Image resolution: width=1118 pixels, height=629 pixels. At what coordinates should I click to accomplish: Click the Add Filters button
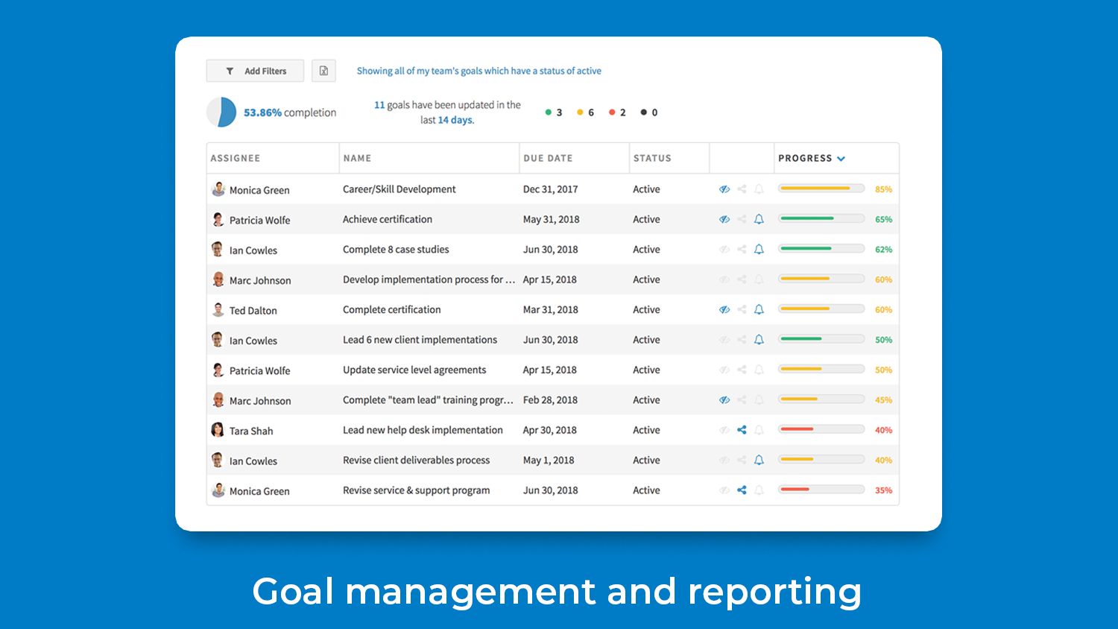255,71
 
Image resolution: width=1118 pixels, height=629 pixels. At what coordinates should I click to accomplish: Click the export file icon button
323,71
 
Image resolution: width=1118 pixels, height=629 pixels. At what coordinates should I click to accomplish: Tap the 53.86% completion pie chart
221,113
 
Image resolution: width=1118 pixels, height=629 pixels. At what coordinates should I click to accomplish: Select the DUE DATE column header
548,158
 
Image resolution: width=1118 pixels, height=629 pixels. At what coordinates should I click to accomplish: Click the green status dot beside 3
549,113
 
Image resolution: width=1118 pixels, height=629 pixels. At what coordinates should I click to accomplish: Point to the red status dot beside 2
612,113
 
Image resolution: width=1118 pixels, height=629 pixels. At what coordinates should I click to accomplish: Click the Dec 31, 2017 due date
550,189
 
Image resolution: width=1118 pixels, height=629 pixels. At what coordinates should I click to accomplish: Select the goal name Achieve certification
388,219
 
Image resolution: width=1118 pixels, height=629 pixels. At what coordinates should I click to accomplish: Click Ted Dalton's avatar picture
218,309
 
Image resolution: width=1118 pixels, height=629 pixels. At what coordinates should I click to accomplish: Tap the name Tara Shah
251,431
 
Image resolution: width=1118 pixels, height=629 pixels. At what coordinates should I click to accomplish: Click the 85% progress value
883,189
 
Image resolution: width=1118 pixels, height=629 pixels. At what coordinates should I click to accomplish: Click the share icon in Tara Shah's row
742,430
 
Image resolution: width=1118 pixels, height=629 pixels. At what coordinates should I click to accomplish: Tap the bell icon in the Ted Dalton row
759,309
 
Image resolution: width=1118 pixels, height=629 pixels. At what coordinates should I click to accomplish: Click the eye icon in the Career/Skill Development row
724,189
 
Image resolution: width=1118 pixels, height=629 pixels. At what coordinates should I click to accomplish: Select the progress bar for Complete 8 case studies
821,249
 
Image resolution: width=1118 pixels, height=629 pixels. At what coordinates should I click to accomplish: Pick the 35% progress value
883,490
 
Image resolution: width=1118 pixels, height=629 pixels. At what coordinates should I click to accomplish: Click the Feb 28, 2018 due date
550,400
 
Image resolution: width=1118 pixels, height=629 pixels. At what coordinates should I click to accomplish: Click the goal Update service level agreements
414,370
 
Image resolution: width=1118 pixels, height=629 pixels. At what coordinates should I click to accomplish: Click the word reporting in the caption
774,592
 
